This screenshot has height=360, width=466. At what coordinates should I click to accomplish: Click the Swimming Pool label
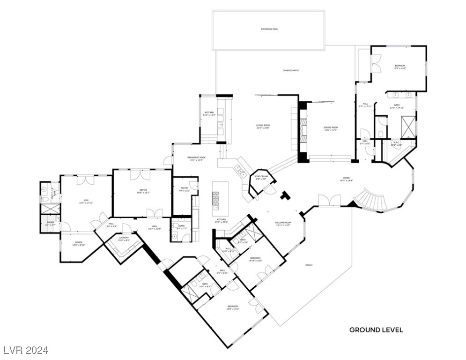pos(269,29)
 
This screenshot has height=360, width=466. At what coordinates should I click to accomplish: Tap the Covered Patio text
pos(290,71)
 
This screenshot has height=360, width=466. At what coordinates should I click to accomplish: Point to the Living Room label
pos(263,126)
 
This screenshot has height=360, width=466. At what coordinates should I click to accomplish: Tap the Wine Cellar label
pos(260,178)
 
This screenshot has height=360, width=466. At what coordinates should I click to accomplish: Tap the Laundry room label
pos(124,239)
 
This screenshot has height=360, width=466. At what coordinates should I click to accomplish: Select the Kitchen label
pos(222,221)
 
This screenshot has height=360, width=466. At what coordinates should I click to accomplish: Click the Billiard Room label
pos(283,224)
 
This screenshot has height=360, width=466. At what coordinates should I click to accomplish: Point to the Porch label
pos(309,265)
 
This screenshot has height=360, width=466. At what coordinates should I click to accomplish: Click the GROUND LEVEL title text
pos(376,330)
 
